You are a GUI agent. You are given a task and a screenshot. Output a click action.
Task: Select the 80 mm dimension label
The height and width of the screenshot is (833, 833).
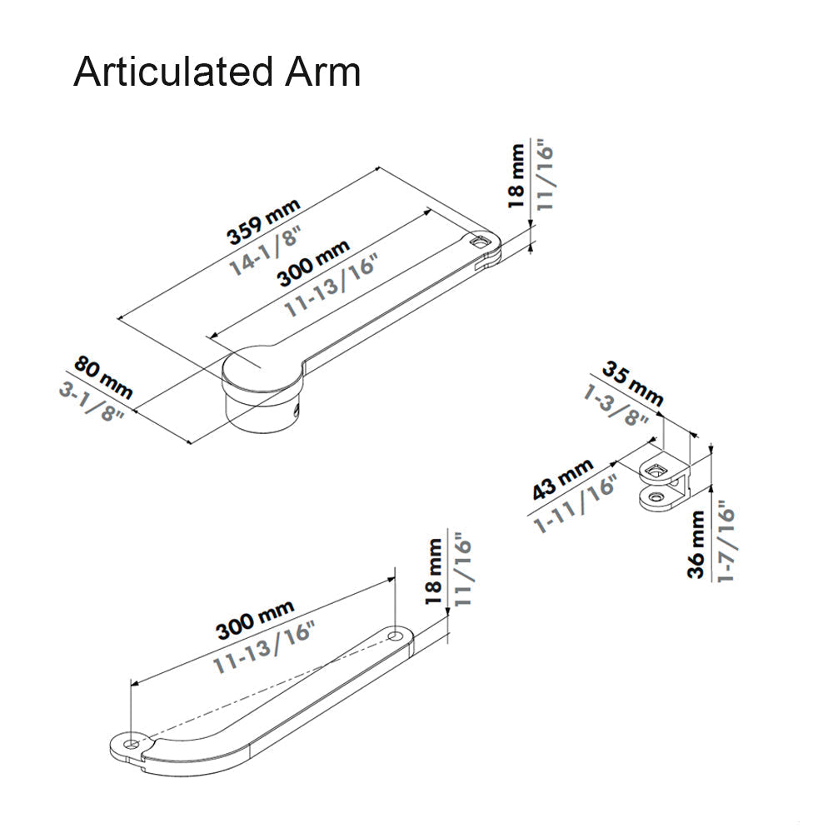pyautogui.click(x=103, y=376)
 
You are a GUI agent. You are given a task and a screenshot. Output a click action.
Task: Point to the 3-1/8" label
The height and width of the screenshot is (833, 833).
pyautogui.click(x=92, y=402)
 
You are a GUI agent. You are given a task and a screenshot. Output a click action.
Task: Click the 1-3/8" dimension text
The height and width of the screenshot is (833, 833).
pyautogui.click(x=617, y=406)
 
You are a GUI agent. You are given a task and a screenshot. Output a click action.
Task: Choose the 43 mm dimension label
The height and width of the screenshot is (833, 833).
pyautogui.click(x=562, y=478)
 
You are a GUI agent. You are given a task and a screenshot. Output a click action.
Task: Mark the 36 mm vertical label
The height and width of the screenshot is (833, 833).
pyautogui.click(x=696, y=544)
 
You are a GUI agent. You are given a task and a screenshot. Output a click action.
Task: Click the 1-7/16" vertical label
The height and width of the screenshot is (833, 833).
pyautogui.click(x=724, y=542)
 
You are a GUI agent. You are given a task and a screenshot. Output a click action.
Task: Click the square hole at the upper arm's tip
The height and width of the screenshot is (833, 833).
pyautogui.click(x=479, y=242)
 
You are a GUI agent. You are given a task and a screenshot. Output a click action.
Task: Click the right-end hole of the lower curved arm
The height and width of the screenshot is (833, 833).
pyautogui.click(x=395, y=637)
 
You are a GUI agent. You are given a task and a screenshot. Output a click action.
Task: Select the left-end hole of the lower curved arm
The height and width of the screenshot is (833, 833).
pyautogui.click(x=132, y=741)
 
